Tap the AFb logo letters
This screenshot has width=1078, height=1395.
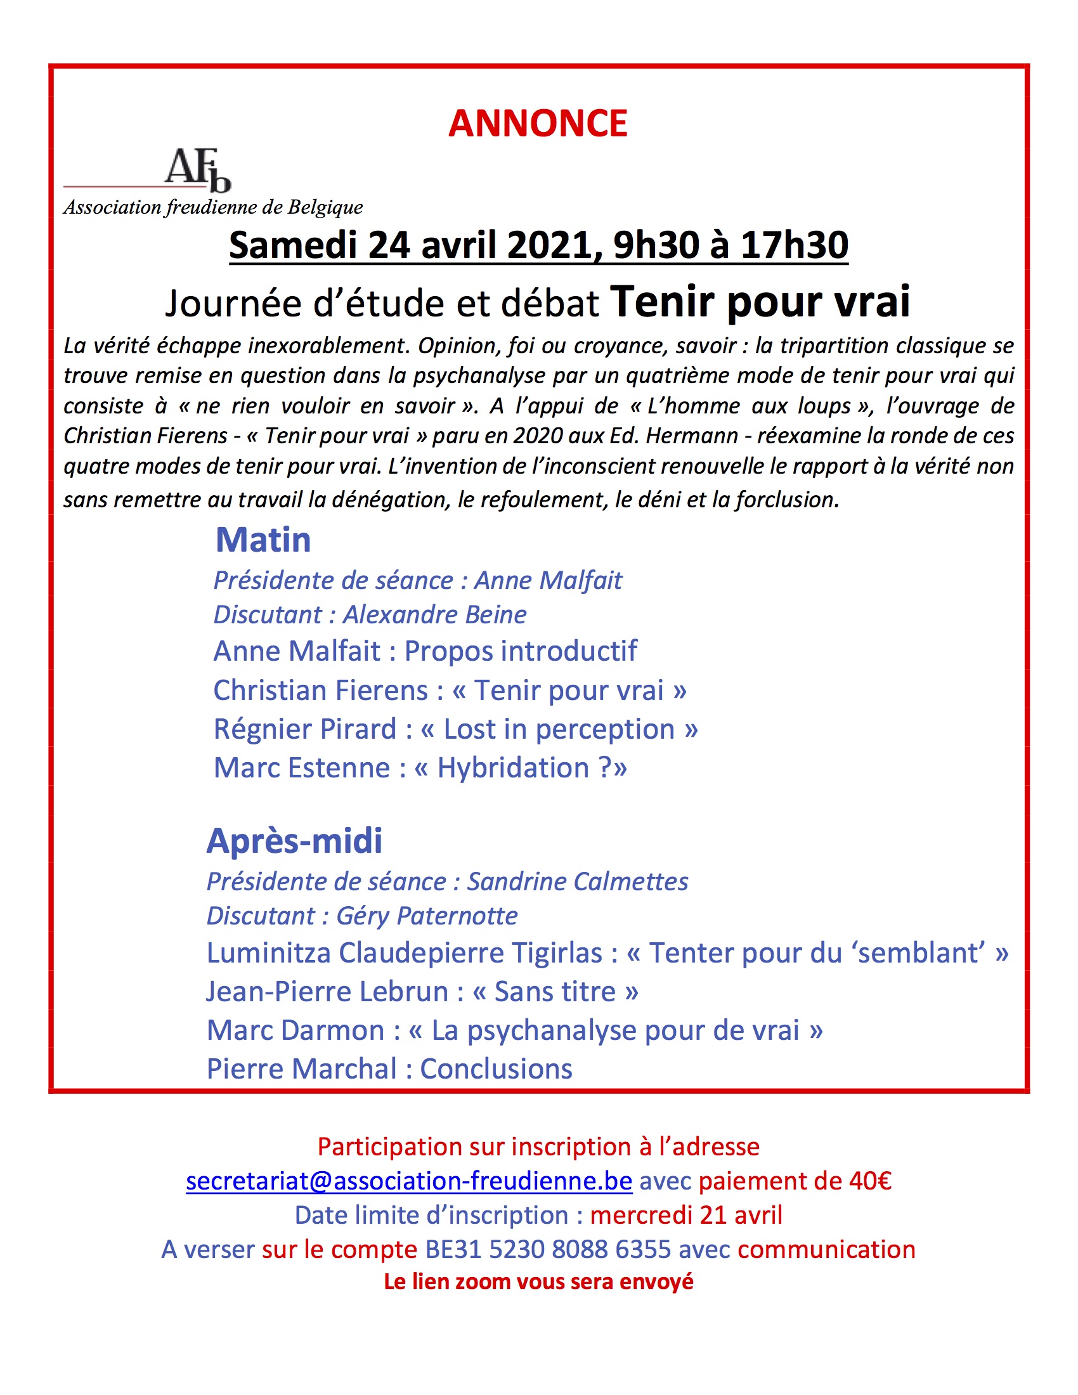click(197, 170)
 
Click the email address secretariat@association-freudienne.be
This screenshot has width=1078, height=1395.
click(409, 1181)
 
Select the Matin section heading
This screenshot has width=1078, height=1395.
click(263, 540)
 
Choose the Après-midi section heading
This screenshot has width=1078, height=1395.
click(294, 841)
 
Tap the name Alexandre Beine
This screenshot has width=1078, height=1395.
click(435, 614)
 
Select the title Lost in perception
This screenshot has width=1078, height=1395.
click(559, 729)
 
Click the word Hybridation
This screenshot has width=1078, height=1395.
click(513, 768)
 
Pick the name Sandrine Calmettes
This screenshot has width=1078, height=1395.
click(577, 882)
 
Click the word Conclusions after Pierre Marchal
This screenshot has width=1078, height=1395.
click(496, 1069)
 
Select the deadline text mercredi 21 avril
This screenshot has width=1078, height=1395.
click(686, 1215)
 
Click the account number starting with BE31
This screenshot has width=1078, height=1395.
click(548, 1249)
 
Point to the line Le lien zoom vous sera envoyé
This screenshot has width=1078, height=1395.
click(538, 1281)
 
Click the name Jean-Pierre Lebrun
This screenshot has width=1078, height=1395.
click(327, 992)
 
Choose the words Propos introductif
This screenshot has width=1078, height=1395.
click(521, 651)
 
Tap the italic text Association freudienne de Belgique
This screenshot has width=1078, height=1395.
click(212, 207)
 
